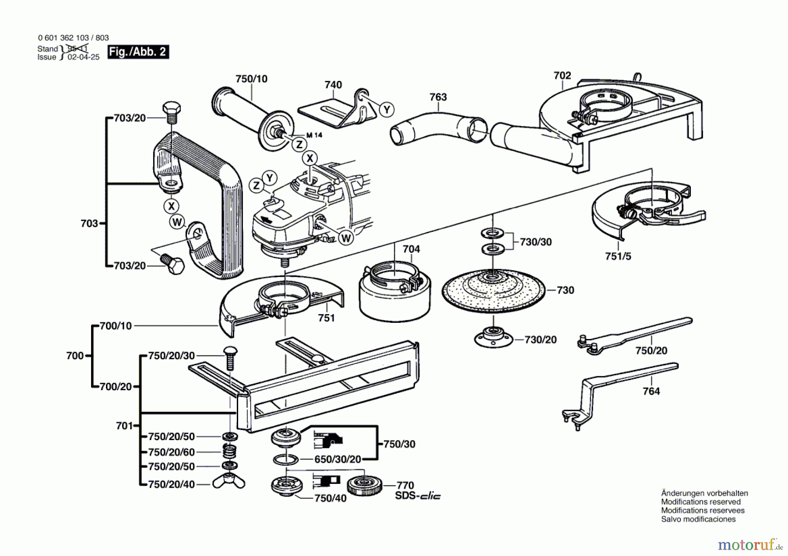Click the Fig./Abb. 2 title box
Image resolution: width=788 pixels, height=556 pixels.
coord(138,52)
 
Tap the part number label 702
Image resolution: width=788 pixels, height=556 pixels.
coord(562,76)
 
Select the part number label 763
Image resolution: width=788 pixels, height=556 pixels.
coord(438,97)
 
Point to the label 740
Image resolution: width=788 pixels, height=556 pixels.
coord(333,85)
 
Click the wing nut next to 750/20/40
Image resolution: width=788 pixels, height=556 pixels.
coord(229,482)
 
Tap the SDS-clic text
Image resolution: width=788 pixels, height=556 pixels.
coord(418,496)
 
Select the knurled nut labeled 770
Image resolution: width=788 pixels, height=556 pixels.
coord(364,485)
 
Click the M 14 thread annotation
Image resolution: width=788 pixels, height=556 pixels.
coord(314,135)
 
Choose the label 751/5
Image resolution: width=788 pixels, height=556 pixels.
coord(618,256)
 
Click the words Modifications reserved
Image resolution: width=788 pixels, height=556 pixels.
coord(700,502)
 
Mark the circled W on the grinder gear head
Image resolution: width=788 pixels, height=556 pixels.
coord(346,238)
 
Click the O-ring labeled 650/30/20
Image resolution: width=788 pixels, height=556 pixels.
coord(285,460)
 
